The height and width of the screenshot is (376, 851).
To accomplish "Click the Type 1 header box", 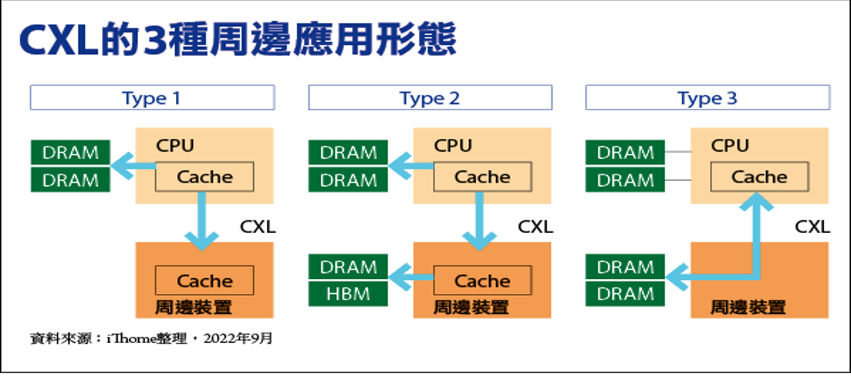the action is coord(153,98).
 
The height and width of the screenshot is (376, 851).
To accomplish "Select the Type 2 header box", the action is coord(430,98).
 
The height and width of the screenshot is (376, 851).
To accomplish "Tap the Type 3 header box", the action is coord(707,98).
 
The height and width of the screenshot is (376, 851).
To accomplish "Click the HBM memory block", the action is coord(348,293).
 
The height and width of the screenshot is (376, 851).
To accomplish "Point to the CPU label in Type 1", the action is coord(175,146).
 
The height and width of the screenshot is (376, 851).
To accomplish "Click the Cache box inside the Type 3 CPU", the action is coord(760,176).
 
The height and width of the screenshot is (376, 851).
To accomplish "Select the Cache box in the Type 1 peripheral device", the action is coord(205,281).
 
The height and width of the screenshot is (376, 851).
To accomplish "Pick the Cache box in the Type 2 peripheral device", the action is coord(482,281).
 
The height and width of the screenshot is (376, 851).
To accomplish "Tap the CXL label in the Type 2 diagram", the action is coord(535,227).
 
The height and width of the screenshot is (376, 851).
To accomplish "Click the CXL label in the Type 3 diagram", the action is coord(812,227).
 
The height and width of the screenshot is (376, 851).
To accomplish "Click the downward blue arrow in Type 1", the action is coord(201,221).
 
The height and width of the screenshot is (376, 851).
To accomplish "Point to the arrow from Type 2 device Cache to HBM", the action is coord(410,277).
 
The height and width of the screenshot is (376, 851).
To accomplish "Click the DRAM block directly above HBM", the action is coord(348,267).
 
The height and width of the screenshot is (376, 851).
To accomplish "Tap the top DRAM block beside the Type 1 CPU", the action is coord(70,152).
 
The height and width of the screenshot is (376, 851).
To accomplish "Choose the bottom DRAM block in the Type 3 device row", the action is coord(625,293).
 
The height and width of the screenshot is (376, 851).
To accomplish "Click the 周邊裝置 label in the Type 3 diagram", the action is coord(748,307).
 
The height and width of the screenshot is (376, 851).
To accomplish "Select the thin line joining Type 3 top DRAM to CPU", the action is coord(678,152).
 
